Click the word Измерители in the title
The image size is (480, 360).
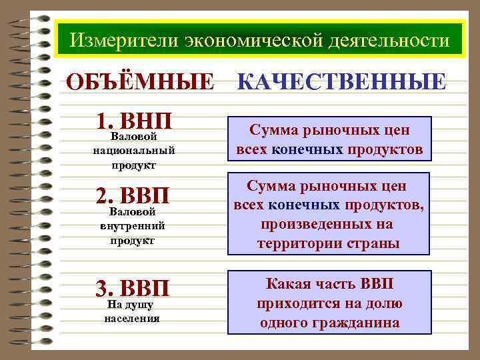point(113,41)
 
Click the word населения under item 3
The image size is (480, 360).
point(133,318)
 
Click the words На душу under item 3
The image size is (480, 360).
point(131,305)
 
